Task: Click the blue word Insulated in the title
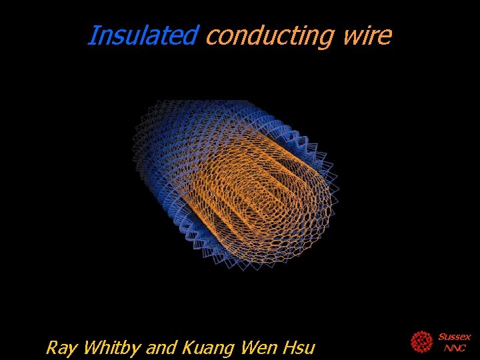(x=142, y=35)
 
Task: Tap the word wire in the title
(x=367, y=35)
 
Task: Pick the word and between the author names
(x=162, y=348)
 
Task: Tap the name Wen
(x=261, y=348)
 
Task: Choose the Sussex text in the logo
(x=454, y=337)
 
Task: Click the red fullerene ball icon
(x=421, y=342)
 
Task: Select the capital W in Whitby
(x=91, y=348)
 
